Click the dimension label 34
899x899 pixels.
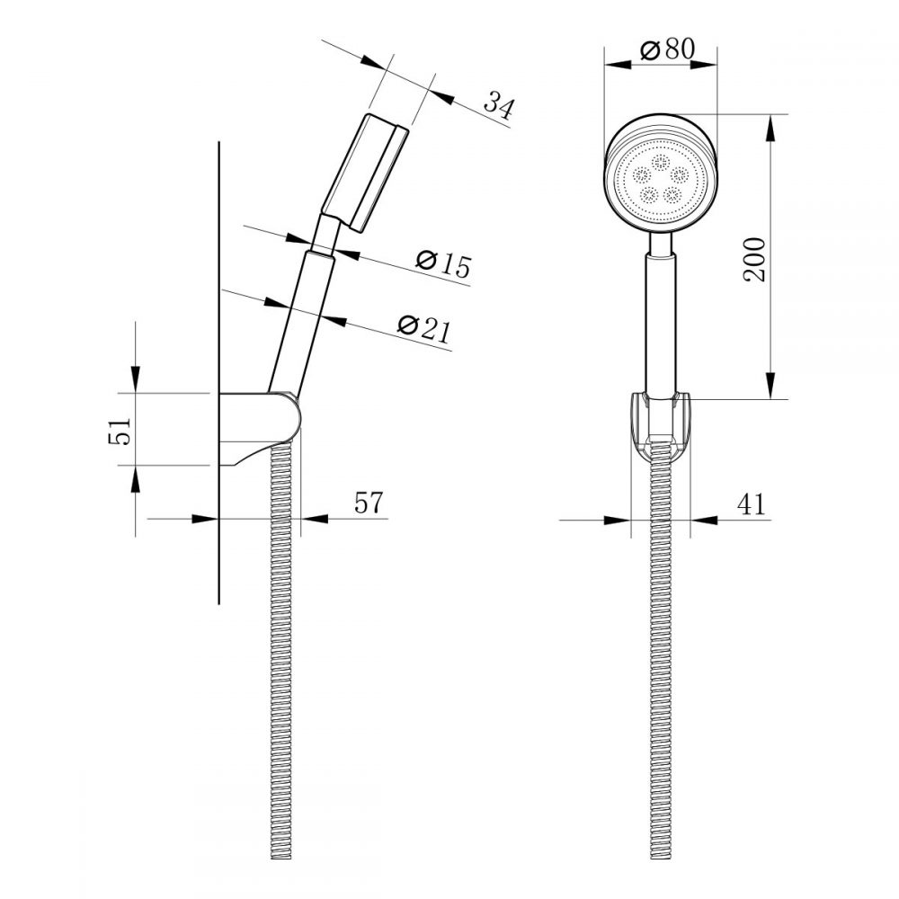coord(499,105)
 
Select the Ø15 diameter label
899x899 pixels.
coord(443,263)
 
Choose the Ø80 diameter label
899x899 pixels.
coord(668,50)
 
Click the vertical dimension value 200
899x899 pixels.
coord(756,260)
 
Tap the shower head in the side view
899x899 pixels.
coord(364,171)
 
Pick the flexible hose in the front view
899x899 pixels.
coord(661,674)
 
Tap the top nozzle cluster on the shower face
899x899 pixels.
coord(663,163)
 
